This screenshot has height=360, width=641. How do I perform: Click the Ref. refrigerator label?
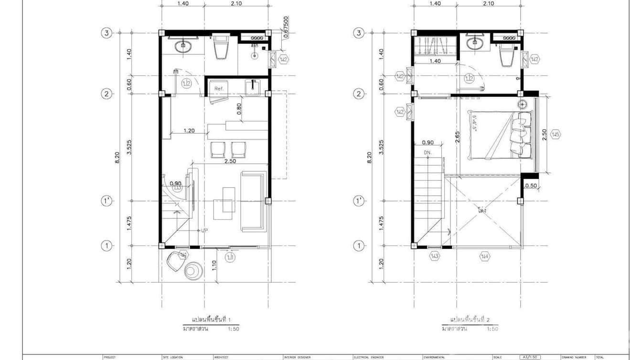point(219,89)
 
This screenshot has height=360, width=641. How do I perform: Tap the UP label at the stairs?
point(204,230)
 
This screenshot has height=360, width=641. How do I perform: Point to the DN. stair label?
point(427,152)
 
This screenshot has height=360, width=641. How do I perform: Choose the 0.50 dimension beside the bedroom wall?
point(530,186)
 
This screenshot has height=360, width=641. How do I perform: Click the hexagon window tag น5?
point(555,135)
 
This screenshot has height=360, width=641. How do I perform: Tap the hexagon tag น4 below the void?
point(485,257)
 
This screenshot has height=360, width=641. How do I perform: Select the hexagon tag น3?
point(434,257)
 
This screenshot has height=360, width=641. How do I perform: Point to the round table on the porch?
point(194,271)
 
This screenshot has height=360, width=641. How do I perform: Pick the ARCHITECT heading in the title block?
point(222,357)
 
